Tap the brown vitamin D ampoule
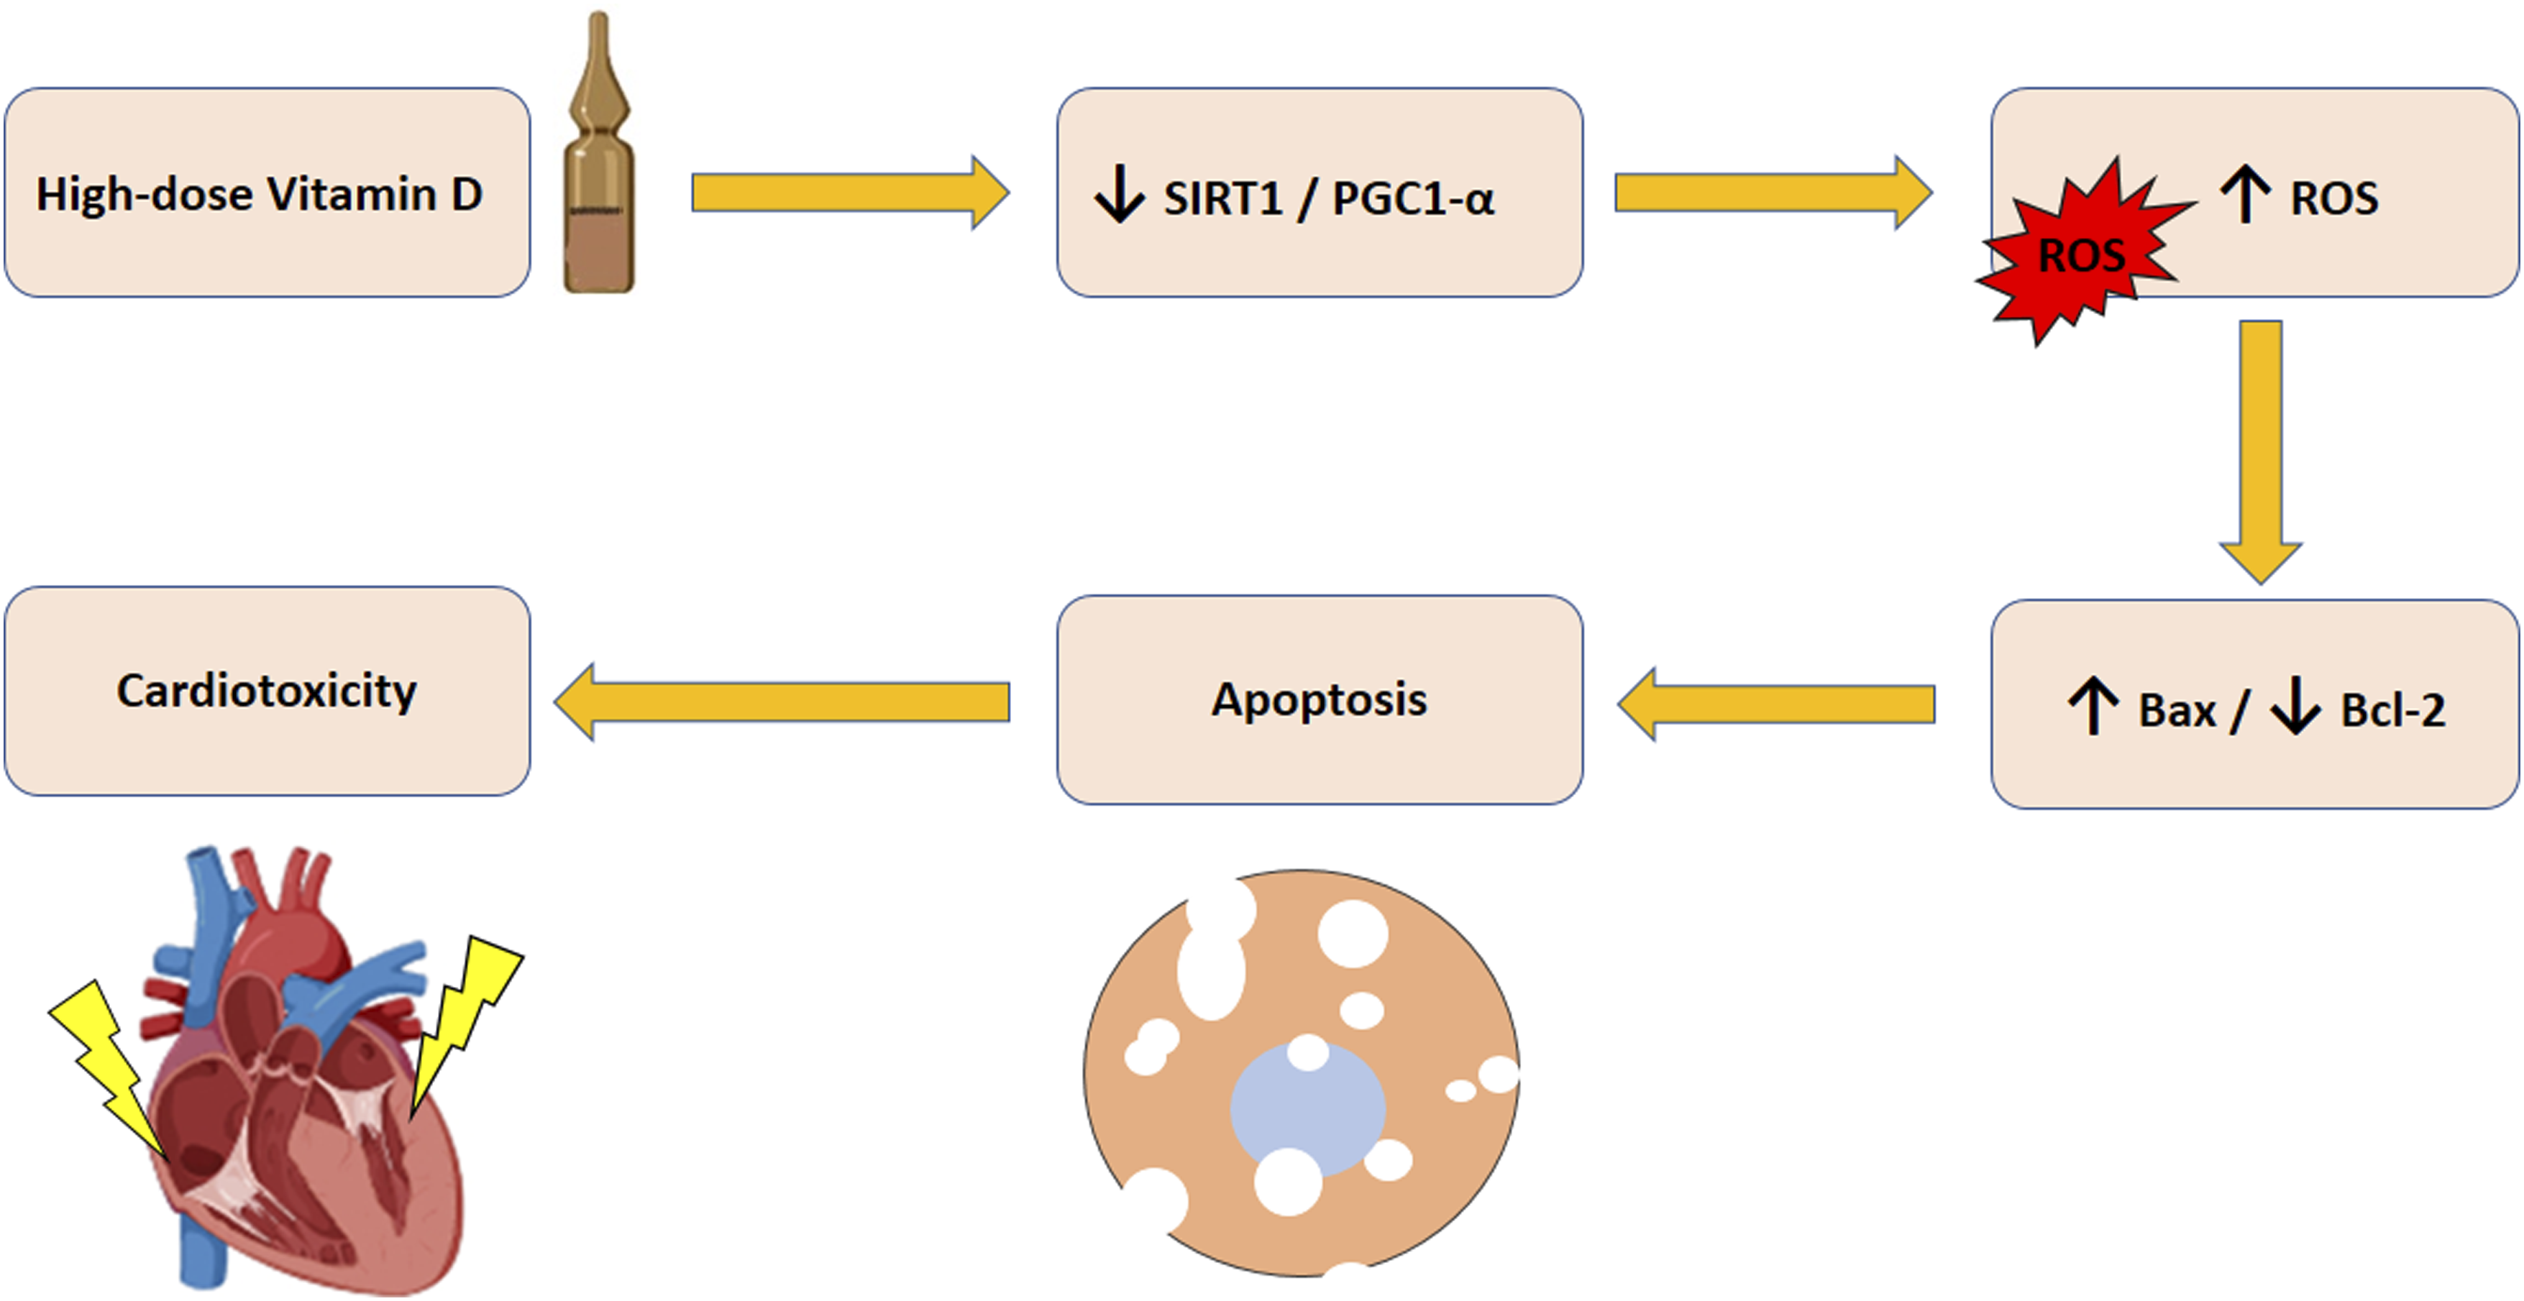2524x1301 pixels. [x=599, y=152]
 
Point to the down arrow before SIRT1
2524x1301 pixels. [x=1119, y=194]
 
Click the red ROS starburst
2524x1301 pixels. [x=2082, y=253]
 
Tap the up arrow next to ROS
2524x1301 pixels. [x=2245, y=194]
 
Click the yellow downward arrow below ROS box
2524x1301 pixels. [x=2260, y=451]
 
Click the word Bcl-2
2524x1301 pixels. [x=2392, y=710]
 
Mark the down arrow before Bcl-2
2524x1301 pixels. [x=2296, y=705]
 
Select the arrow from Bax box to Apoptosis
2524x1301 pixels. [x=1775, y=704]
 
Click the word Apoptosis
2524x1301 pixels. [x=1319, y=699]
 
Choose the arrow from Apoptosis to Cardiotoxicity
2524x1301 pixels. [x=782, y=702]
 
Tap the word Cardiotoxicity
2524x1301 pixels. [x=267, y=691]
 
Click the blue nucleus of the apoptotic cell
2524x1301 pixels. [x=1308, y=1109]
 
